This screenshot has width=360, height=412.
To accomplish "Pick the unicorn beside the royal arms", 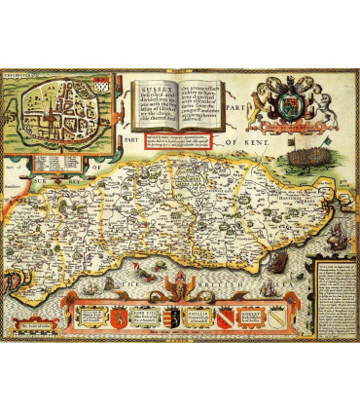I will (312, 98).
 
